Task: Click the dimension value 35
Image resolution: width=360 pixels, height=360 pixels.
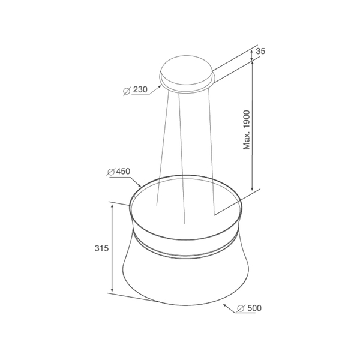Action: point(260,51)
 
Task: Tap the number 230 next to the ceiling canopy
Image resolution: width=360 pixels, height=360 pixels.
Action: point(140,89)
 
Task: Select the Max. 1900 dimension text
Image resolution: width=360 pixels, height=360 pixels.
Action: point(247,130)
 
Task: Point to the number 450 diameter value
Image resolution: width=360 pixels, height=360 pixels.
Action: point(123,171)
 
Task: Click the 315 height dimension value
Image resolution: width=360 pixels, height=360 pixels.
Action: point(101,248)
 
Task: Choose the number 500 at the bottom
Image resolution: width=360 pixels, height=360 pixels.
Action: point(254,308)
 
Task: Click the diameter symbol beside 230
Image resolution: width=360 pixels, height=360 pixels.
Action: point(127,91)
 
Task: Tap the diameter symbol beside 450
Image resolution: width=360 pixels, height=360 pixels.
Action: point(111,172)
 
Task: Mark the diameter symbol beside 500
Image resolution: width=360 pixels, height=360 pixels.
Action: point(241,308)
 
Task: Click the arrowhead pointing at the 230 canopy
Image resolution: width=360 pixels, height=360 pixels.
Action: point(160,87)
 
